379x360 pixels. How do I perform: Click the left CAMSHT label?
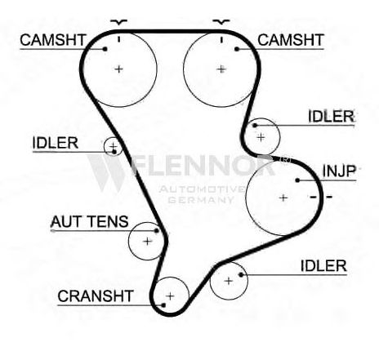pyautogui.click(x=53, y=40)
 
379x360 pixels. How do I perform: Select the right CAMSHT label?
pyautogui.click(x=291, y=40)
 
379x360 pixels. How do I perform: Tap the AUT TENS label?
pyautogui.click(x=90, y=221)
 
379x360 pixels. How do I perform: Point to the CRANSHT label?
pyautogui.click(x=96, y=296)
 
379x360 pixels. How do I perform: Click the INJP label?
pyautogui.click(x=339, y=171)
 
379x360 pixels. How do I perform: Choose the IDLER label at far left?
pyautogui.click(x=56, y=143)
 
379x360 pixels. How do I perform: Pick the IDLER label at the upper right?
pyautogui.click(x=332, y=116)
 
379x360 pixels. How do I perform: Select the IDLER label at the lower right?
pyautogui.click(x=323, y=266)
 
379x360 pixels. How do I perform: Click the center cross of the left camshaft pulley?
pyautogui.click(x=118, y=69)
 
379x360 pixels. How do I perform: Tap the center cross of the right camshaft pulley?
pyautogui.click(x=221, y=69)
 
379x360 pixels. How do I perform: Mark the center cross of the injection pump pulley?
pyautogui.click(x=283, y=198)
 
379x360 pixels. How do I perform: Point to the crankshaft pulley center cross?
pyautogui.click(x=170, y=296)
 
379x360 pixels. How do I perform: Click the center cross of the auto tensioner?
pyautogui.click(x=147, y=241)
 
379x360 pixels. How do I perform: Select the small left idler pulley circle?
pyautogui.click(x=105, y=147)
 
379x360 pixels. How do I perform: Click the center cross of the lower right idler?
pyautogui.click(x=229, y=281)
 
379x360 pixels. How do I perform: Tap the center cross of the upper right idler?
pyautogui.click(x=261, y=137)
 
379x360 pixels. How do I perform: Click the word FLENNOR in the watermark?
pyautogui.click(x=202, y=166)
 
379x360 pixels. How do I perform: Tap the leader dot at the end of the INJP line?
pyautogui.click(x=297, y=180)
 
